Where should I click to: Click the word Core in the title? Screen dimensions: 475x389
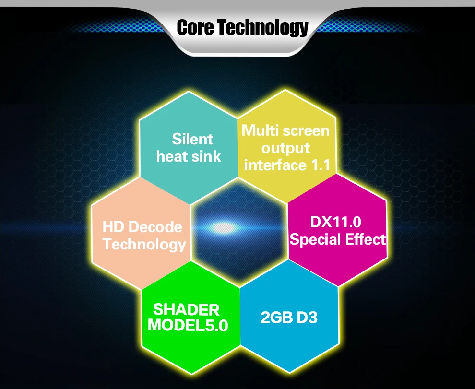coord(196,27)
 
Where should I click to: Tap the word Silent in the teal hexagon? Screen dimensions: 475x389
coord(192,139)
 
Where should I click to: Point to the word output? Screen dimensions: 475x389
coord(285,148)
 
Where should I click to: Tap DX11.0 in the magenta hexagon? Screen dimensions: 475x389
coord(336,222)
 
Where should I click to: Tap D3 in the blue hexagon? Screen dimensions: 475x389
coord(307,318)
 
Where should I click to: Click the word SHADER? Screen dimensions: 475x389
coord(186,309)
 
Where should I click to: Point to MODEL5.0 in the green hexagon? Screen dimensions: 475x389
coord(188,325)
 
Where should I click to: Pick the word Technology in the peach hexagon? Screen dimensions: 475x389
coord(144,245)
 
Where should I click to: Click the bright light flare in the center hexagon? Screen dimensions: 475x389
coord(225,227)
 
